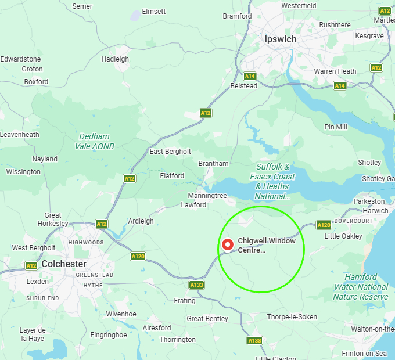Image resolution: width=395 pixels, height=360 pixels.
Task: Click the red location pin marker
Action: click(227, 244)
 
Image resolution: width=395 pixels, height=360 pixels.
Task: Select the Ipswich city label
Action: click(280, 39)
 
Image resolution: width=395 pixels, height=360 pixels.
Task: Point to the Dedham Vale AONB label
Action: click(94, 142)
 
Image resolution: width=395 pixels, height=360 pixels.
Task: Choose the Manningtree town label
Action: click(207, 196)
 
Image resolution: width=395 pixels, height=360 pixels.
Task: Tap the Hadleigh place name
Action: click(115, 59)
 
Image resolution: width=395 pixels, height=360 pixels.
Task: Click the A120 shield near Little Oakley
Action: click(324, 225)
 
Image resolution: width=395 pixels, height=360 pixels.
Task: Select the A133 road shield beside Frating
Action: click(196, 285)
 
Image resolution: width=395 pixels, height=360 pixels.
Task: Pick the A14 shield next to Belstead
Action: click(250, 76)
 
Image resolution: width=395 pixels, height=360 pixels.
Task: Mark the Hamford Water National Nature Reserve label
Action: click(360, 287)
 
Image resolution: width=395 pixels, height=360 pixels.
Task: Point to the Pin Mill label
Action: click(336, 127)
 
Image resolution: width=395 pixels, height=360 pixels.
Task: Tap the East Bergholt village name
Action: click(170, 152)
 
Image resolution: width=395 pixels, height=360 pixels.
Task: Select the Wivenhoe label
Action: click(121, 314)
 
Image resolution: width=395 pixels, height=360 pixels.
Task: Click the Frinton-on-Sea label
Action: click(364, 354)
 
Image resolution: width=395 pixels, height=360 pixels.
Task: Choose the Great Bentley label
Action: click(207, 319)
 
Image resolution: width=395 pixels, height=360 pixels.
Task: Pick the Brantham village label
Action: click(213, 164)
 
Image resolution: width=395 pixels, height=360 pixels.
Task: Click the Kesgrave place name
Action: click(369, 36)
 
